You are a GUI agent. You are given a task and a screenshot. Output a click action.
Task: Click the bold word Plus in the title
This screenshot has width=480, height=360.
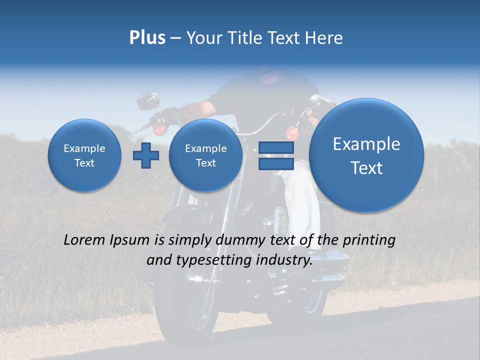point(147,38)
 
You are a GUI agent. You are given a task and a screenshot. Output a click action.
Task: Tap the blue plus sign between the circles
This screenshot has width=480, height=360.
point(146,155)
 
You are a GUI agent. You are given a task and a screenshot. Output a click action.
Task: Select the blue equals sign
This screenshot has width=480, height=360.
point(275,155)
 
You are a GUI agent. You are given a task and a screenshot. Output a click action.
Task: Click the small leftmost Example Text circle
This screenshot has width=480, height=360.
point(84,155)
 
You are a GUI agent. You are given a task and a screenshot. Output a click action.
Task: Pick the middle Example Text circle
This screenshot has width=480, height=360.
point(205,155)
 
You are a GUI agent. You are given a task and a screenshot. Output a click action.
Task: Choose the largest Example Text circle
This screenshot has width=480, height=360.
point(366,155)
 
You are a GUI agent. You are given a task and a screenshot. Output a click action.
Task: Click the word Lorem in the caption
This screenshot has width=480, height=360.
point(84,240)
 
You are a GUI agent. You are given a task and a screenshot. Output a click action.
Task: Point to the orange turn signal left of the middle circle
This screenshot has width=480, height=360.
point(159,129)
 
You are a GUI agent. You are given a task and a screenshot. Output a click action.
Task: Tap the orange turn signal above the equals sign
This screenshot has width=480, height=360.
point(292,133)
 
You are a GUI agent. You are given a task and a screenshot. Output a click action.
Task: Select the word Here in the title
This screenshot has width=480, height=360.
point(326,38)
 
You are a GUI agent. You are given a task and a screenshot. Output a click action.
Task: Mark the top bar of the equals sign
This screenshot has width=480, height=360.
point(275,147)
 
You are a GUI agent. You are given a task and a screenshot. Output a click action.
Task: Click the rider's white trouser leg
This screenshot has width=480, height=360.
point(302,205)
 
